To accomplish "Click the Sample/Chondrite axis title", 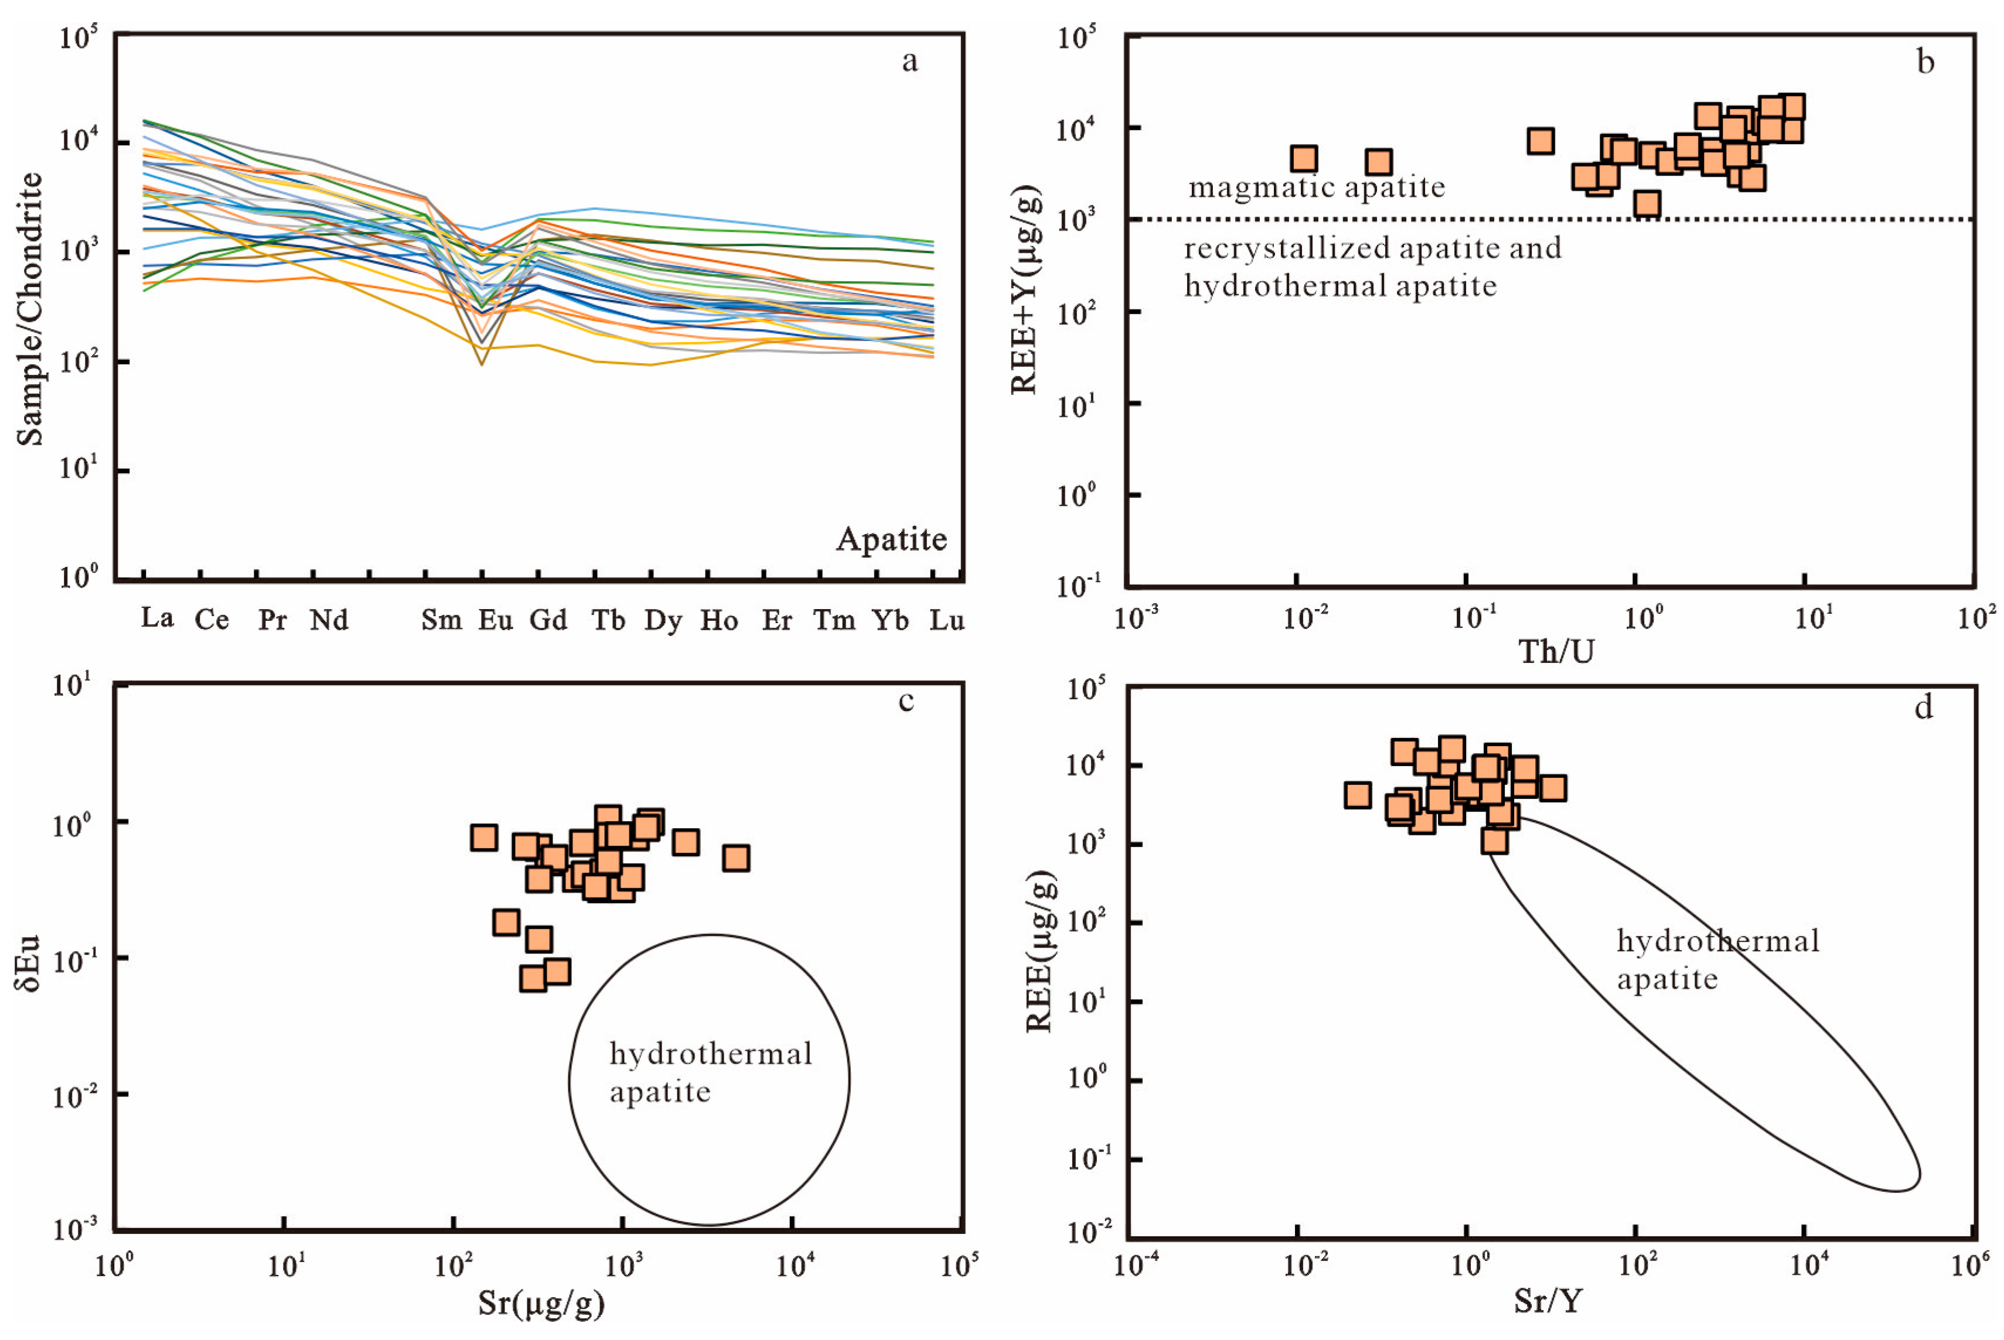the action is [x=30, y=309].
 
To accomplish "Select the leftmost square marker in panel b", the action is [x=1304, y=158].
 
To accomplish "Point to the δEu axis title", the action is [x=28, y=962].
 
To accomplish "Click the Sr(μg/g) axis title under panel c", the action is [x=541, y=1303].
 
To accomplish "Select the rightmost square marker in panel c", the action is [x=736, y=858].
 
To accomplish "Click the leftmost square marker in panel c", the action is [x=484, y=837].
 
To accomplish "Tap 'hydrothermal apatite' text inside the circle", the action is [x=710, y=1072].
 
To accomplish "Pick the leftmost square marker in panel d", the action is [x=1358, y=795].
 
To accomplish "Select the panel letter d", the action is [x=1924, y=707].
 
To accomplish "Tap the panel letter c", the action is [x=906, y=702].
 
